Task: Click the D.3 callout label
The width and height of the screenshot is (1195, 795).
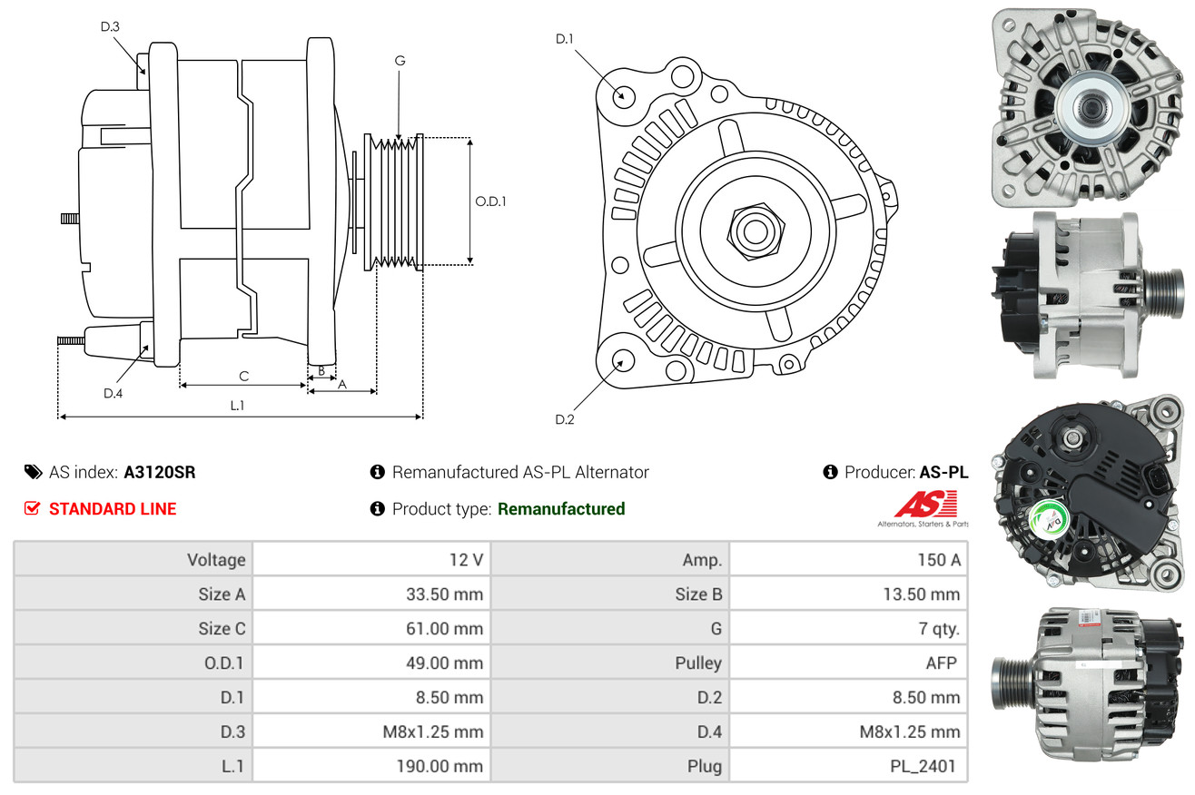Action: (x=110, y=26)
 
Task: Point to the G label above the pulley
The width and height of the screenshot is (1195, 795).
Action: (x=400, y=61)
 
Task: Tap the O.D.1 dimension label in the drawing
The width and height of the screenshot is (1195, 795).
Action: (x=490, y=201)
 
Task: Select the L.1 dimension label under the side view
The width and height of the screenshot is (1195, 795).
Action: (x=237, y=406)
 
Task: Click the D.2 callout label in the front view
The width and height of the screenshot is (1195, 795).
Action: (x=565, y=419)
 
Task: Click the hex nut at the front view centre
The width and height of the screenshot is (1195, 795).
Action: (x=756, y=231)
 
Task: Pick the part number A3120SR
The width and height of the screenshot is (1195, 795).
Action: (x=160, y=473)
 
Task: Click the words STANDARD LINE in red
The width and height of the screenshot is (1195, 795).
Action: (x=113, y=509)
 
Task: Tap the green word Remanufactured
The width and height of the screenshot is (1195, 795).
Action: (x=561, y=509)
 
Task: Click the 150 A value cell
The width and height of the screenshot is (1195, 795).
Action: (x=848, y=559)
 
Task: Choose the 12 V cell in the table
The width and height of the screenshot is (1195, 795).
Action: (x=371, y=559)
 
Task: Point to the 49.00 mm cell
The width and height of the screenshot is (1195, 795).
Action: (x=371, y=662)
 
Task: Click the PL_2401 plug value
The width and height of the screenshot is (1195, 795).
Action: (x=923, y=766)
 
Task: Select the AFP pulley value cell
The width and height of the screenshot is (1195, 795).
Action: (x=848, y=662)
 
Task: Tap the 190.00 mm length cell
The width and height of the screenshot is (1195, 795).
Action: (x=371, y=766)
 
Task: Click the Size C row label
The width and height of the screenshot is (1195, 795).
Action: (x=222, y=629)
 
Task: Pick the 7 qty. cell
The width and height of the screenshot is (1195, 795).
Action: (x=848, y=629)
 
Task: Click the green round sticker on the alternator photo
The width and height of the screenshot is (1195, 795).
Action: (x=1048, y=520)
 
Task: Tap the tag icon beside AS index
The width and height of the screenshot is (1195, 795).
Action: (x=33, y=473)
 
